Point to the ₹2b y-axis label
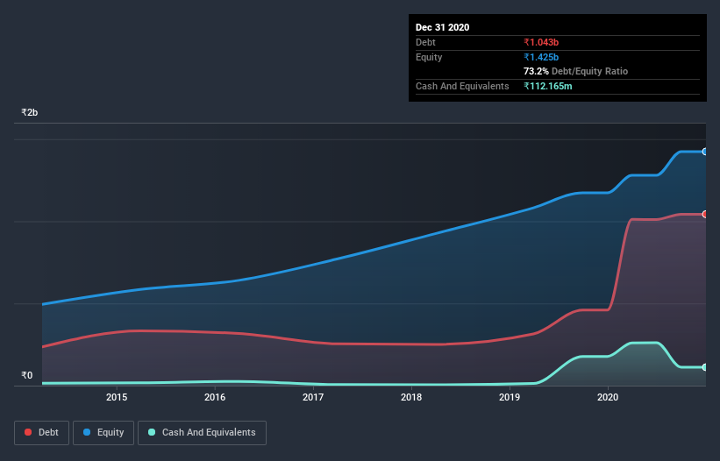click(x=30, y=113)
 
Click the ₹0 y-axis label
click(x=27, y=376)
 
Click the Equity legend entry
click(x=103, y=432)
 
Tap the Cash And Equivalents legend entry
click(x=202, y=432)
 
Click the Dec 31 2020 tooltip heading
click(x=442, y=27)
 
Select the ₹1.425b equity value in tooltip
click(x=543, y=57)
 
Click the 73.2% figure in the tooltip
click(x=536, y=71)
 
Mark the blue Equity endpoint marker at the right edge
click(x=704, y=152)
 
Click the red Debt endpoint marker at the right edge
click(x=704, y=214)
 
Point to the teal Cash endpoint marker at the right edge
click(x=704, y=367)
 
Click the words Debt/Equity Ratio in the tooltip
click(x=589, y=71)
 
